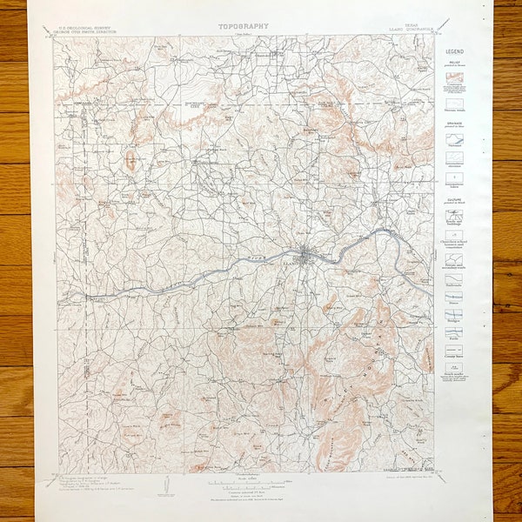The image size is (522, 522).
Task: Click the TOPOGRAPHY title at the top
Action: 244,27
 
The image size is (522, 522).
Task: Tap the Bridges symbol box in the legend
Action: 454,315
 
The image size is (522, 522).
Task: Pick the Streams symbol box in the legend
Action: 454,139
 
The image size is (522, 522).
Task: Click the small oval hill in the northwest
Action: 130,162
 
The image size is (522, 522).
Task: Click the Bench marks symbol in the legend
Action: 454,372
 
